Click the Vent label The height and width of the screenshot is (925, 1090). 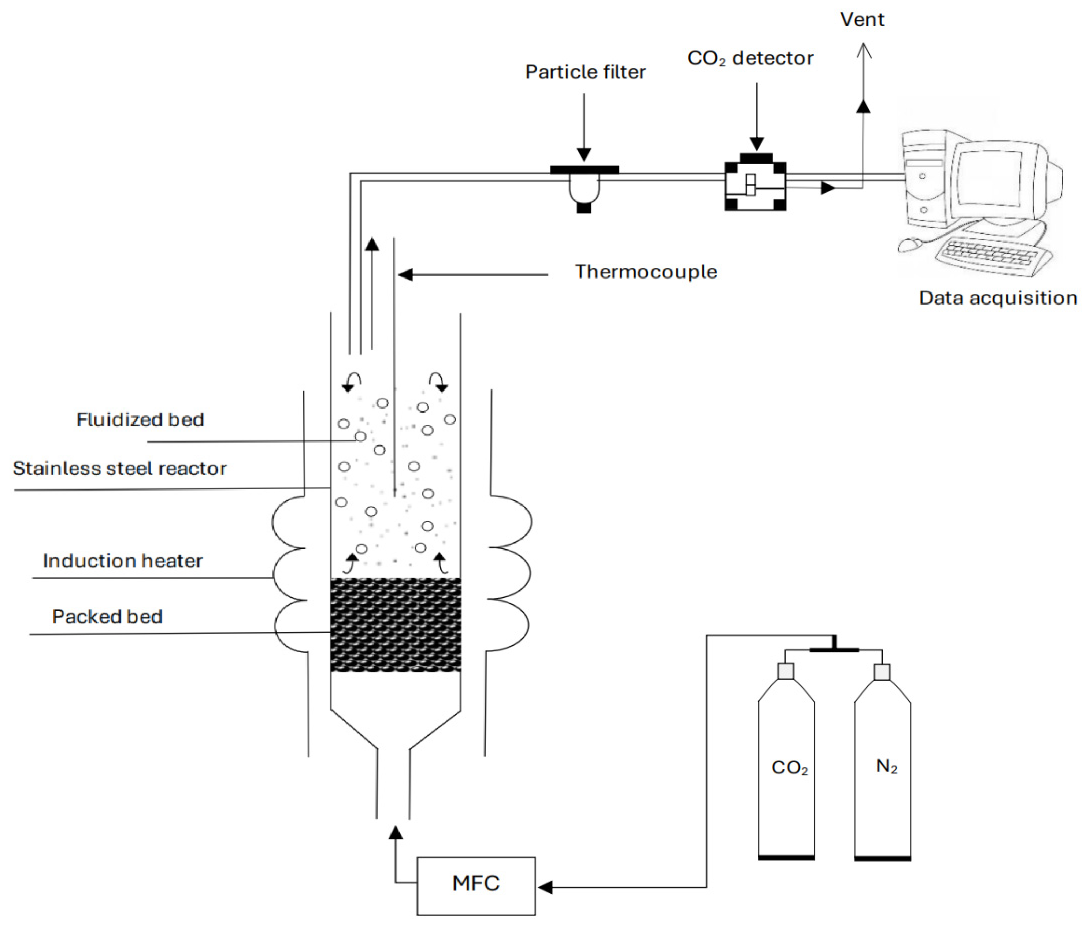pos(862,19)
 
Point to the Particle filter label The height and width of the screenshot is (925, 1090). pos(585,72)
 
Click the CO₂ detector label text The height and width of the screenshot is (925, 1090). pos(750,58)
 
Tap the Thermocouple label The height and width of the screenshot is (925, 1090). pos(646,272)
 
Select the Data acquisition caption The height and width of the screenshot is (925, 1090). pos(998,298)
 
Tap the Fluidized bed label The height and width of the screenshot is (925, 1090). pos(140,419)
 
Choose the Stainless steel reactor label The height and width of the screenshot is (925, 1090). pos(120,468)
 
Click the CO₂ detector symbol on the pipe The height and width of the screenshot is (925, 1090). pos(755,182)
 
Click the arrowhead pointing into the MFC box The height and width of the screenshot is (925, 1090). pos(545,887)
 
